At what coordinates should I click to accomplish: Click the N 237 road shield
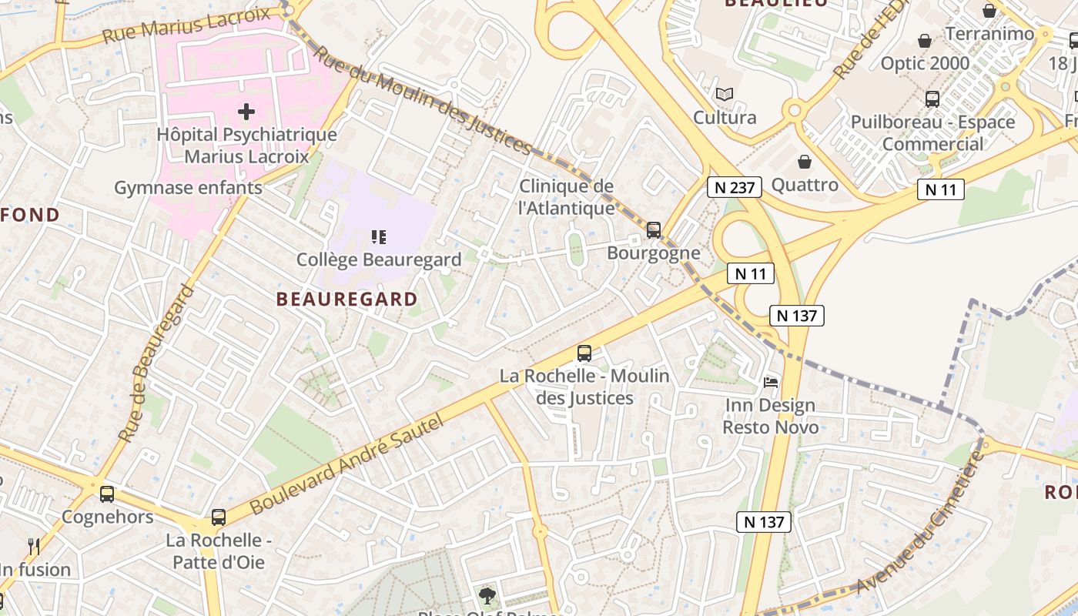pos(735,186)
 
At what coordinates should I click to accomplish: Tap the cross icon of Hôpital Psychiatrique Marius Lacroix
pos(246,112)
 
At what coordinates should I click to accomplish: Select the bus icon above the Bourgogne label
pos(654,229)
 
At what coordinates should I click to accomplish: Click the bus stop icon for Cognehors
pos(107,494)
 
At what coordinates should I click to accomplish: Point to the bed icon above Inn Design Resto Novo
pos(770,382)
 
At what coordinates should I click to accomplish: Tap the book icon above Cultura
pos(724,95)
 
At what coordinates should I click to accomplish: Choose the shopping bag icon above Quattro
pos(805,162)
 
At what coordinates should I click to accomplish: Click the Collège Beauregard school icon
pos(378,237)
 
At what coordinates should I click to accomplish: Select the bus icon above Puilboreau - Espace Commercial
pos(932,99)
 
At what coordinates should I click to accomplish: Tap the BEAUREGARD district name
pos(346,299)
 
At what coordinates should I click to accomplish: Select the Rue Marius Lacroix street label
pos(186,25)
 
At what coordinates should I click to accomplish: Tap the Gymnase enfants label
pos(188,188)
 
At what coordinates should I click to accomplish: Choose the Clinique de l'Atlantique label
pos(567,197)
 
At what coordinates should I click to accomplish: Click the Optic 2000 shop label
pos(925,63)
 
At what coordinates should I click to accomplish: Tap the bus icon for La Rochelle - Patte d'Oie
pos(219,517)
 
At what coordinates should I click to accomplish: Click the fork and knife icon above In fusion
pos(33,547)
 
